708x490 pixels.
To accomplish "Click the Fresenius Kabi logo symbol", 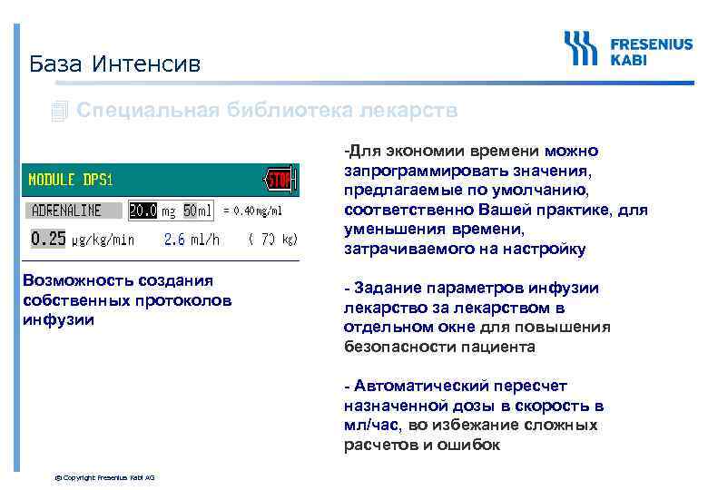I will click(x=581, y=49).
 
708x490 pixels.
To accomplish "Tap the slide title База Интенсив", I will click(x=114, y=64).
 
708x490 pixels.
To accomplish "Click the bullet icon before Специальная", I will click(x=60, y=112).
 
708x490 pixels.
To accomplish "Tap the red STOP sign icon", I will click(x=278, y=180).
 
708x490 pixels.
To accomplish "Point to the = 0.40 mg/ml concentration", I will click(x=252, y=211).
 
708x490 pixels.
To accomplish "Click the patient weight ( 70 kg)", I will click(x=272, y=240).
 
